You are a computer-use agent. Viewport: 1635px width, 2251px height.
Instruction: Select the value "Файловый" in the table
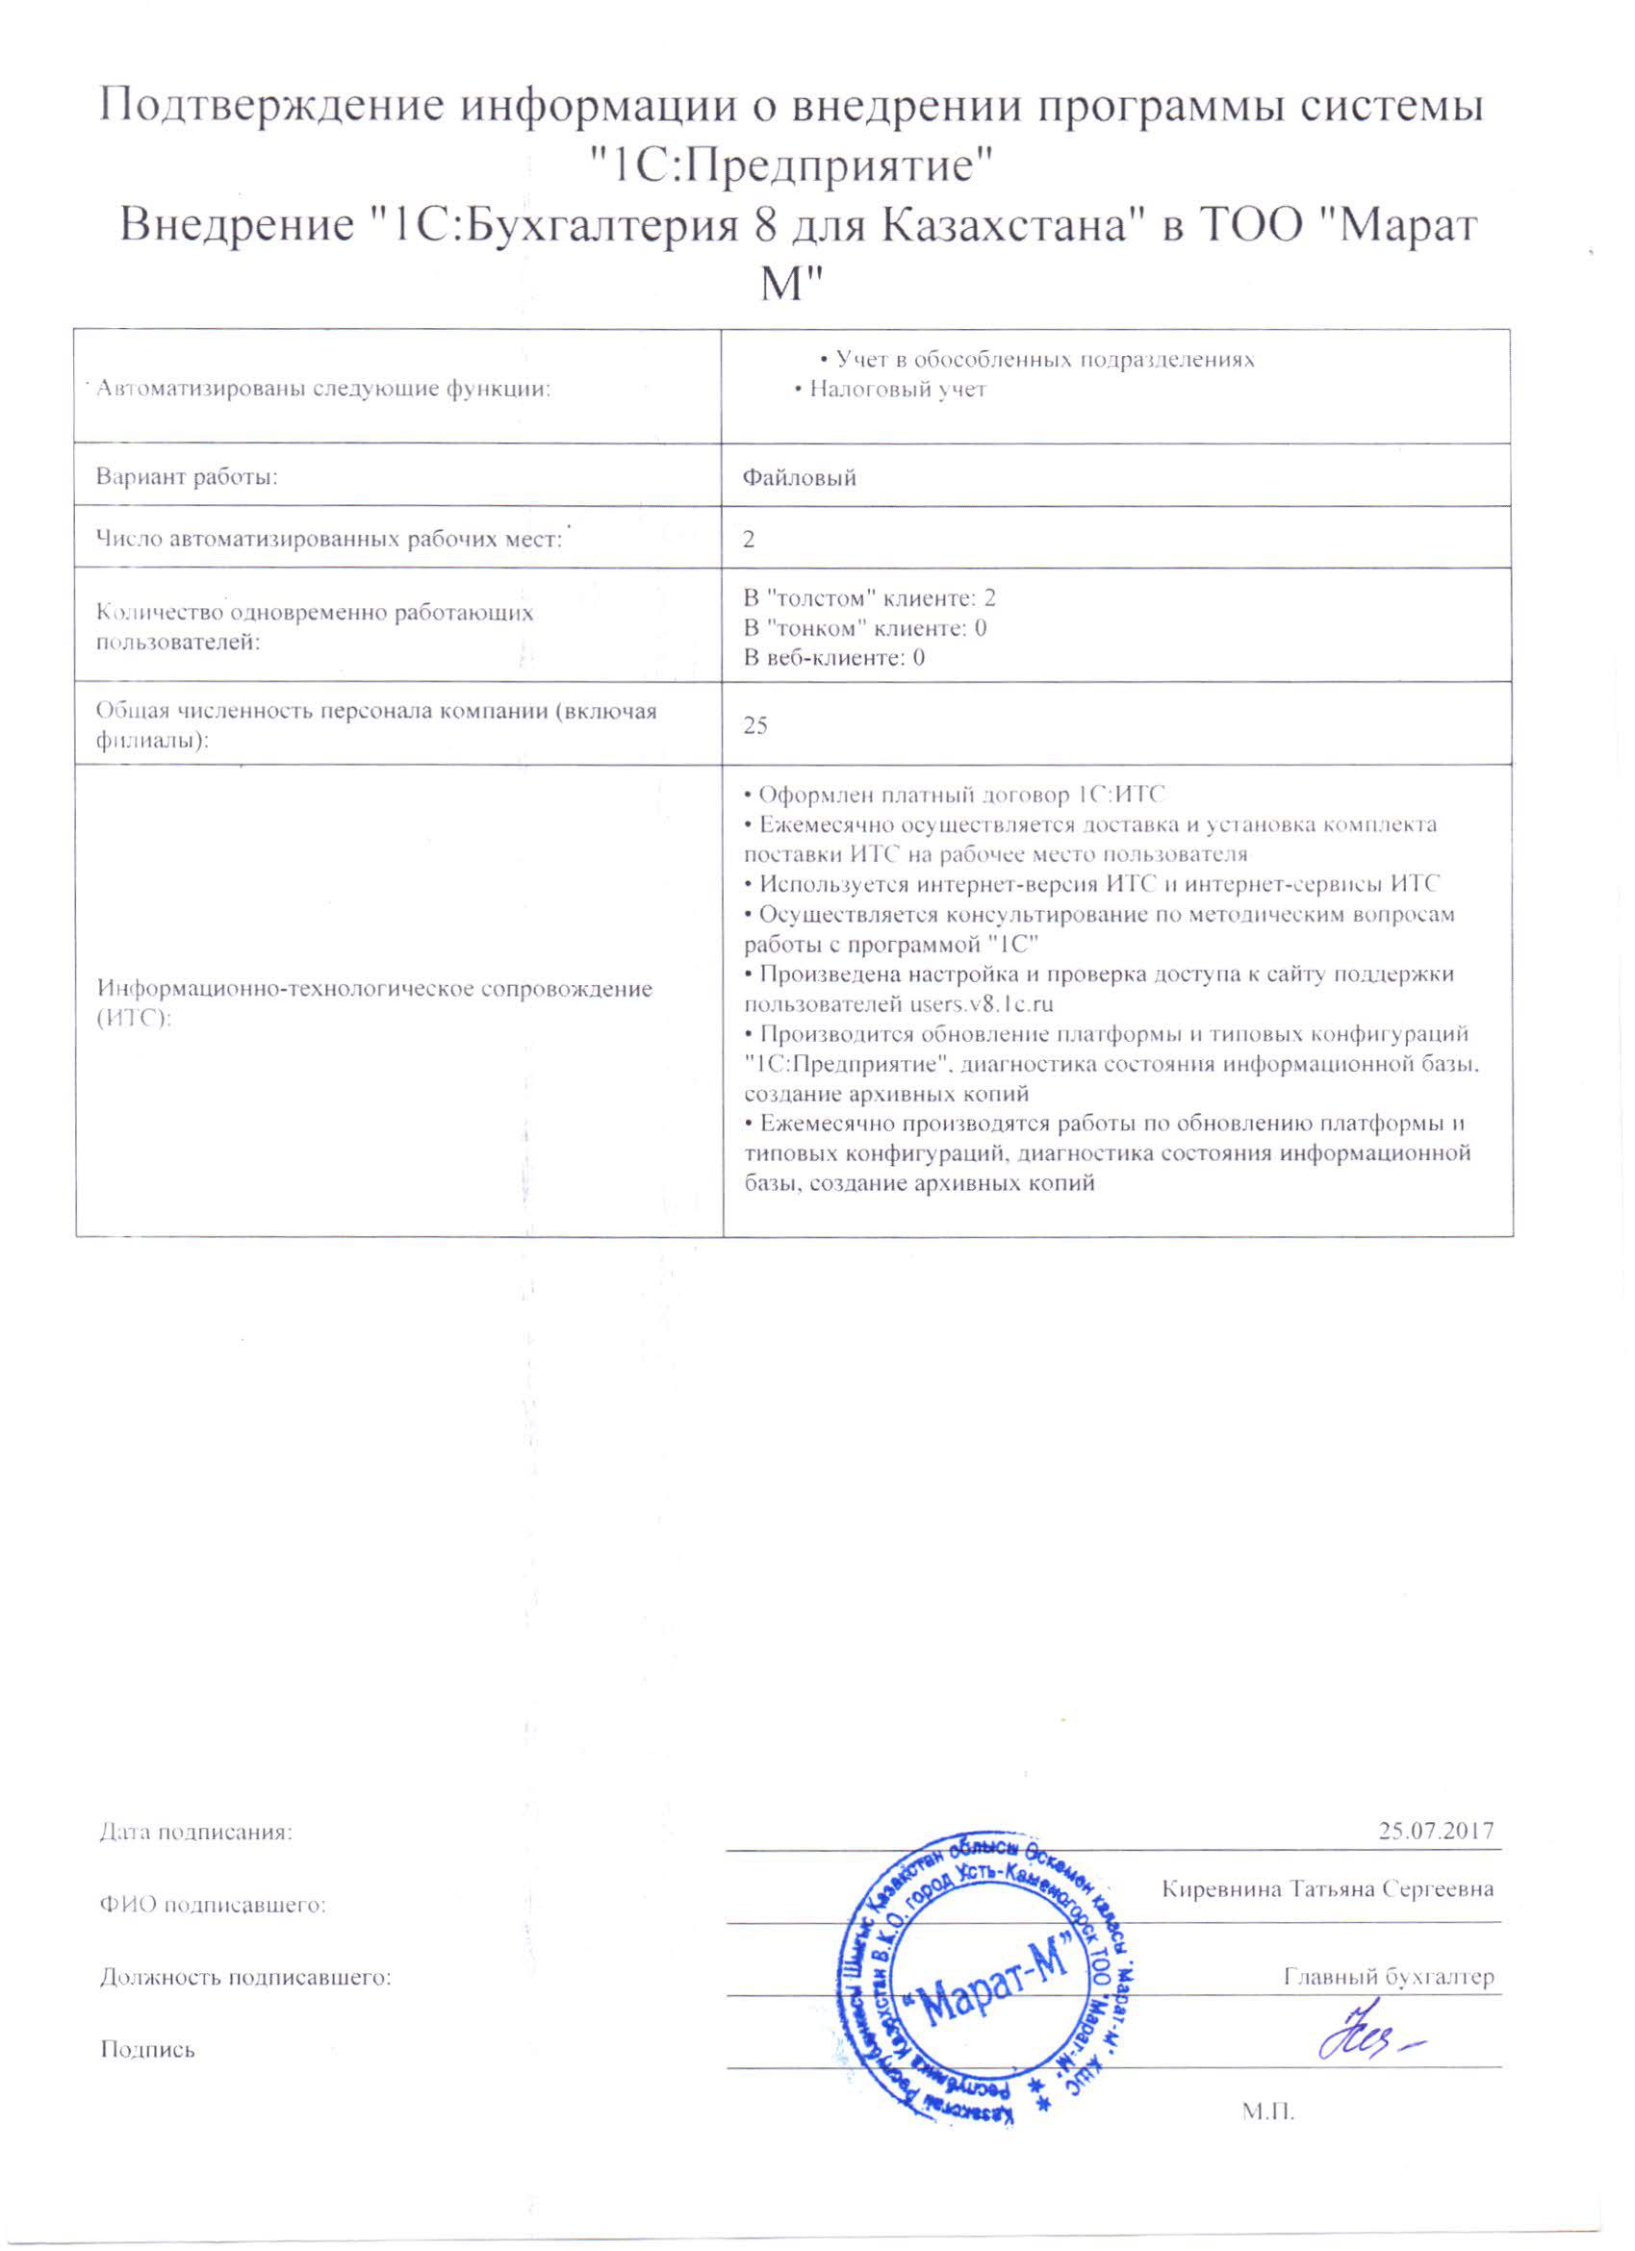(799, 477)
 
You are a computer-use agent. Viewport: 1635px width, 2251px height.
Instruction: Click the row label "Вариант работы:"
(186, 477)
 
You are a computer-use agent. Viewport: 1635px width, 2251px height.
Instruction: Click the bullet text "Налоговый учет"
(897, 389)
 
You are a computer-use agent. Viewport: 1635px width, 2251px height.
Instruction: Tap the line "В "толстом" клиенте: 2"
(870, 597)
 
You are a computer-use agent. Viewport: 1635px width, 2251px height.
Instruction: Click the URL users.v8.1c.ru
(982, 1003)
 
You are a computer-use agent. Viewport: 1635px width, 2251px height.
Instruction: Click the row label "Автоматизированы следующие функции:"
(322, 389)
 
